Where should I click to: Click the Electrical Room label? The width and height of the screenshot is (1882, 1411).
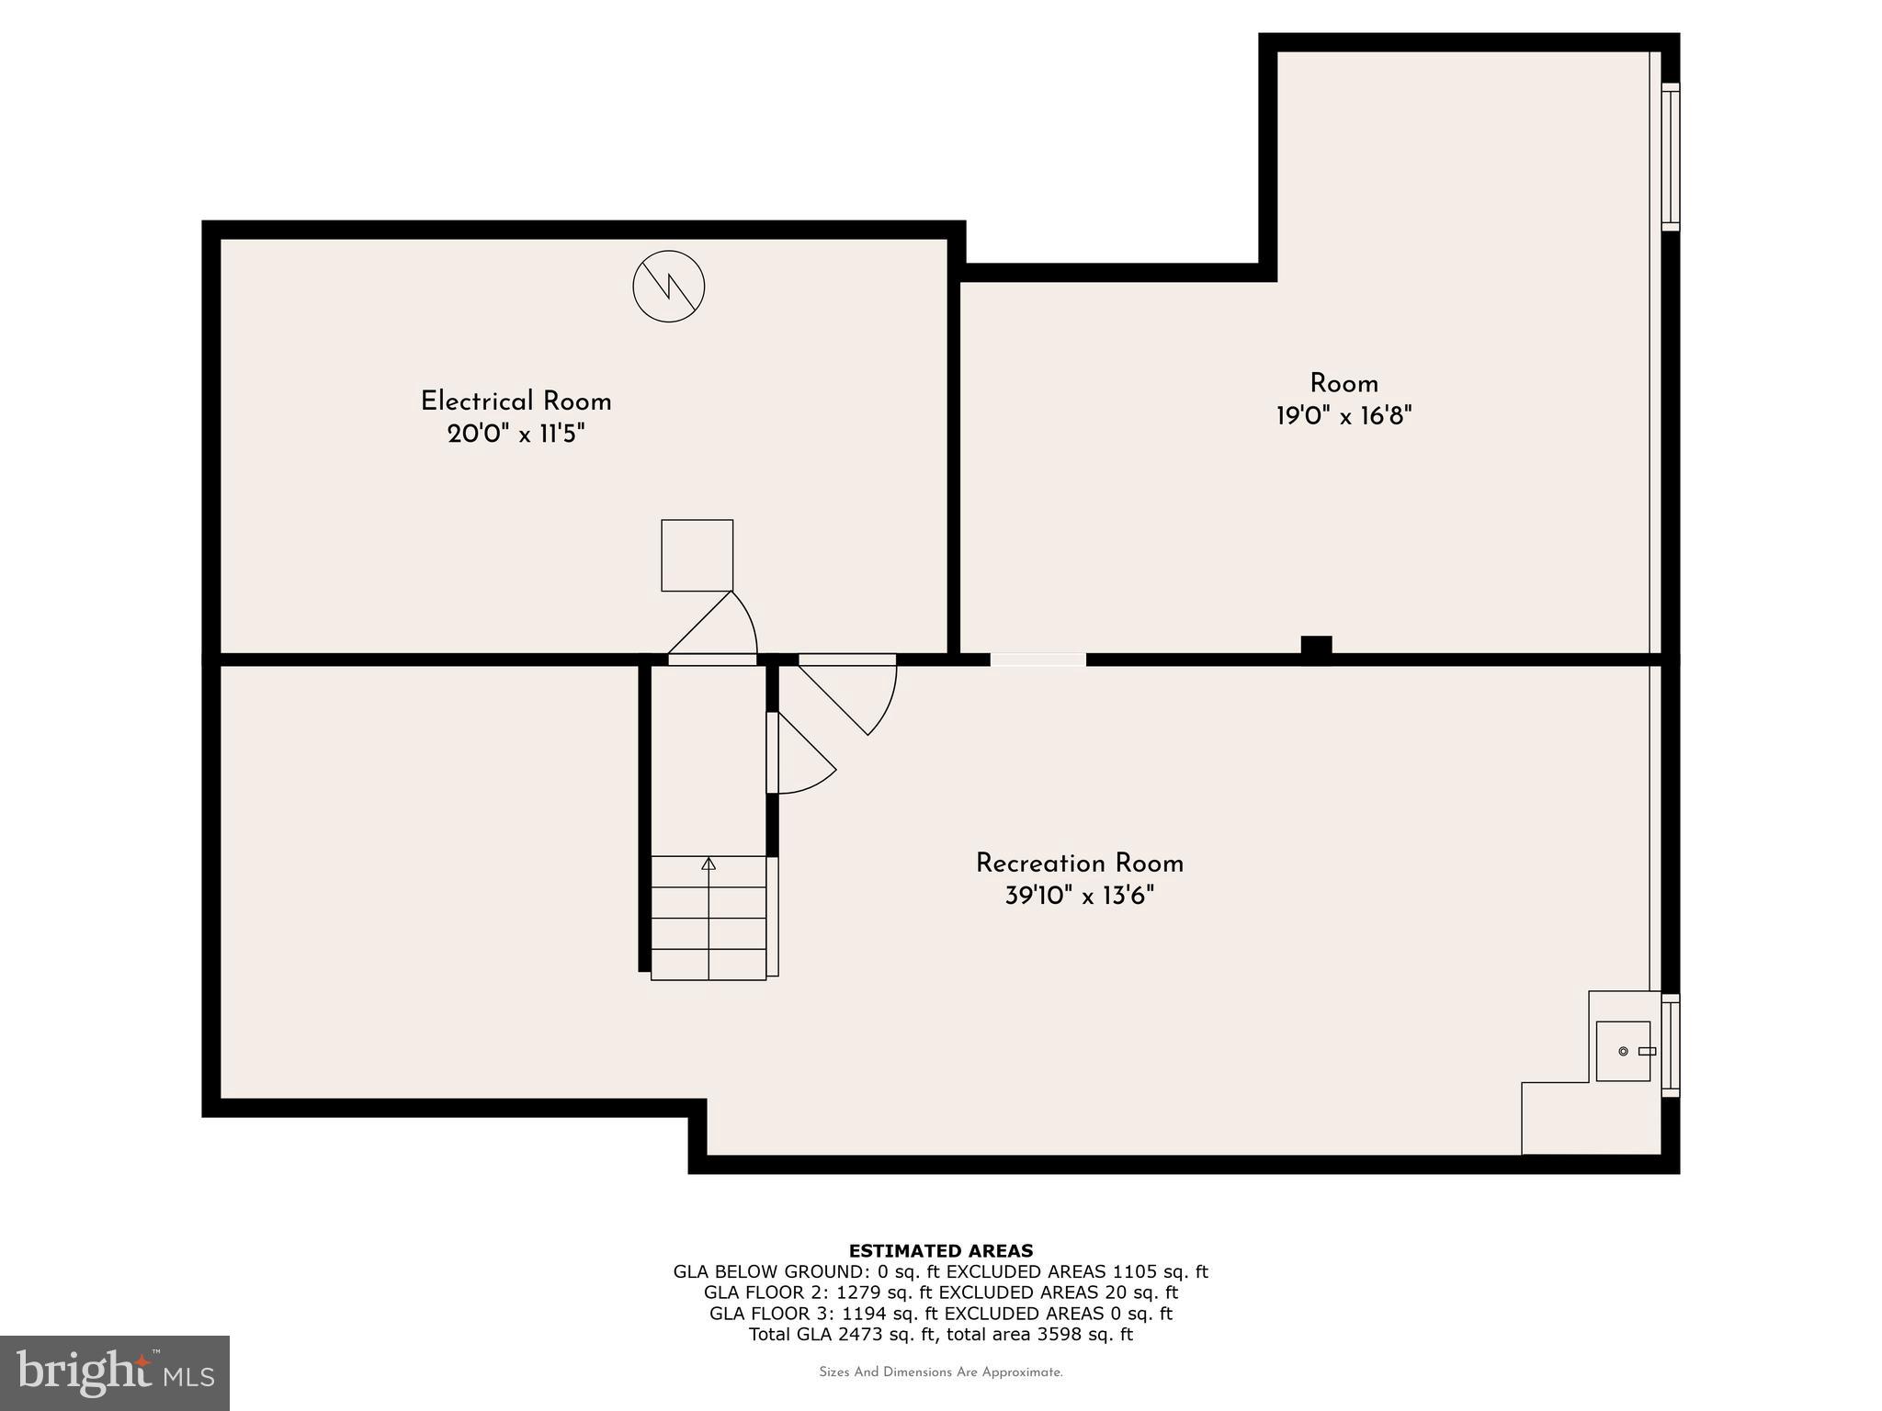tap(516, 401)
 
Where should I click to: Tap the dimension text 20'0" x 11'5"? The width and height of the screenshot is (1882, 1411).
tap(516, 434)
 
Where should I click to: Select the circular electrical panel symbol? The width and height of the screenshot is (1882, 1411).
tap(669, 287)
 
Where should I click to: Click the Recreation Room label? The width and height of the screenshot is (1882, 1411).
tap(1079, 864)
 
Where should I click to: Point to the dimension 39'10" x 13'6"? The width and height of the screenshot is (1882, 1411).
tap(1079, 896)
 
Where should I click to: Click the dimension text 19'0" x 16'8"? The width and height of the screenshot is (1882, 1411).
tap(1343, 416)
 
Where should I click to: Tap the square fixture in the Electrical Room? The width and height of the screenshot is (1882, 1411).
tap(697, 556)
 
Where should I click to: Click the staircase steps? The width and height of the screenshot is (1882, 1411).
tap(709, 919)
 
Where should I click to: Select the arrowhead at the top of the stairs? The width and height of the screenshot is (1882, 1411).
tap(709, 864)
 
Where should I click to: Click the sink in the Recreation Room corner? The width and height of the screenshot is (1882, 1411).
tap(1623, 1051)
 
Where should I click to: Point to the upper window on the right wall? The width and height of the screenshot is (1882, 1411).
tap(1670, 157)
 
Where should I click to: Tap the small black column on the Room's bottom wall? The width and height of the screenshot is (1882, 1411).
tap(1316, 646)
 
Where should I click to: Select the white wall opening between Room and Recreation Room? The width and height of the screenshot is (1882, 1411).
tap(1037, 660)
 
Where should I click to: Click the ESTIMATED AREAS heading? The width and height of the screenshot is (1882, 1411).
tap(940, 1250)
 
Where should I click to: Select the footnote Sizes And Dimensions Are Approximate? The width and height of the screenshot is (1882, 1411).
tap(940, 1372)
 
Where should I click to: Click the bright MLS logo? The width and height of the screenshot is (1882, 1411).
tap(115, 1373)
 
